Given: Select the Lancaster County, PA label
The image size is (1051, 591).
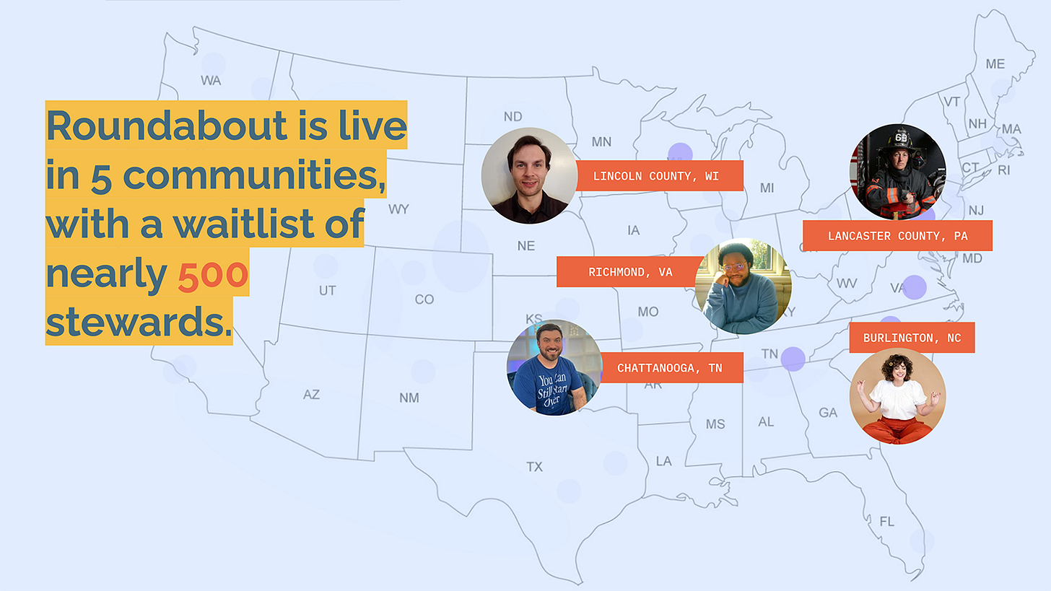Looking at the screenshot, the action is [897, 235].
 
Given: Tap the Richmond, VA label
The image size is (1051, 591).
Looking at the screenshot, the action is [630, 271].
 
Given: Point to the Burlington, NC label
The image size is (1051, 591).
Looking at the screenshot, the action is [912, 338].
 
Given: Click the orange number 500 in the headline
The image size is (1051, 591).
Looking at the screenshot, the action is [212, 274].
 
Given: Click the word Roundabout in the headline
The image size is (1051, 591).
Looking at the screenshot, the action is [167, 126].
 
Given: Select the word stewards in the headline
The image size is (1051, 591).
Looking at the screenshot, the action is [139, 322].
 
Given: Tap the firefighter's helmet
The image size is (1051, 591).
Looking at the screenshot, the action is [899, 140].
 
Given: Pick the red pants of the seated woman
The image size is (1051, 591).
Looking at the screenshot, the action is [897, 429].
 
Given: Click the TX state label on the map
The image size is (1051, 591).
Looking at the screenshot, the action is [534, 467].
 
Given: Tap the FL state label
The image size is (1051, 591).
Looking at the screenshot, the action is [886, 521].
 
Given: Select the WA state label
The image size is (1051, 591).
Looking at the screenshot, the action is [211, 81].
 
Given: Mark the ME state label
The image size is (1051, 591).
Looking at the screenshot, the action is [995, 64].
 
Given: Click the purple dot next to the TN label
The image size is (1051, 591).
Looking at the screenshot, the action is [793, 359].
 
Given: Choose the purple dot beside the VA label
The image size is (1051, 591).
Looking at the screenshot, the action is [915, 287].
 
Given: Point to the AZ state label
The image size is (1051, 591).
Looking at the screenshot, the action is [311, 395].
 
